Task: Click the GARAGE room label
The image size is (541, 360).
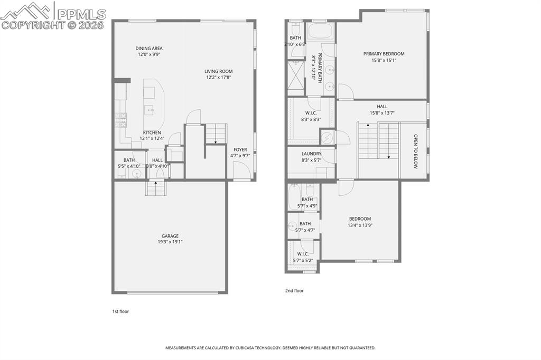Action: tap(170, 236)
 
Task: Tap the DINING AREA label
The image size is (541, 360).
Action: tap(149, 48)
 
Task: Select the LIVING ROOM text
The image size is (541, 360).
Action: tap(219, 71)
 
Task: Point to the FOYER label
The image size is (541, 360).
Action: tap(240, 149)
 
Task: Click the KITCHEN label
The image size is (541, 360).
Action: tap(152, 132)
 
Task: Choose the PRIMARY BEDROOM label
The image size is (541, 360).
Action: tap(384, 54)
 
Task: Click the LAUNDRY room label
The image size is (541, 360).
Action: tap(311, 154)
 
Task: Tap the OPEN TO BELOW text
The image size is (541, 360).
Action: tap(415, 151)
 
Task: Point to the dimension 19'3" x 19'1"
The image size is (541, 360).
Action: tap(170, 242)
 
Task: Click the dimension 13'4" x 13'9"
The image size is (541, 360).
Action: tap(360, 225)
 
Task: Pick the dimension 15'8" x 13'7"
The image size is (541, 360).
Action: tap(382, 112)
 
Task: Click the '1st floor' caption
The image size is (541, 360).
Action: tap(120, 311)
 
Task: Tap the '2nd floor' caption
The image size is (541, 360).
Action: tap(294, 290)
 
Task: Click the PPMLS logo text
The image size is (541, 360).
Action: tap(81, 14)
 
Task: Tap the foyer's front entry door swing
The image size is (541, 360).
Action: tap(240, 170)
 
